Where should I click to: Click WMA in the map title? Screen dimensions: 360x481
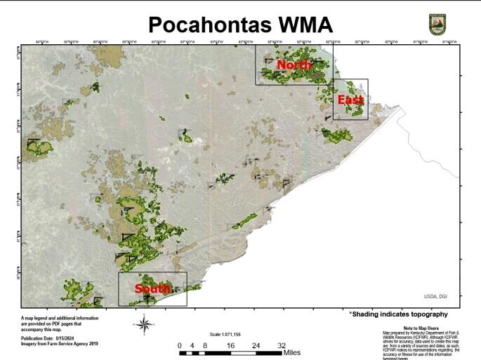[x=303, y=24]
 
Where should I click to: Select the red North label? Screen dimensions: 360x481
[x=294, y=65]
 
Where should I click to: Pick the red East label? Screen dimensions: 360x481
[x=350, y=100]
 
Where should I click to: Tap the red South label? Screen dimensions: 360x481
[x=152, y=289]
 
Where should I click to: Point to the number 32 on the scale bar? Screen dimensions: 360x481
[x=281, y=345]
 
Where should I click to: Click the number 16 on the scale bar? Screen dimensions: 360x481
[x=230, y=345]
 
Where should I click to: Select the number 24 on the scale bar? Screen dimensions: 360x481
[x=256, y=345]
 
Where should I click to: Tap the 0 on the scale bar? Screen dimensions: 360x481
[x=180, y=345]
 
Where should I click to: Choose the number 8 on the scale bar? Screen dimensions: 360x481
[x=204, y=345]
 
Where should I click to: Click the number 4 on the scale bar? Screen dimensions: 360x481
[x=192, y=345]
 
